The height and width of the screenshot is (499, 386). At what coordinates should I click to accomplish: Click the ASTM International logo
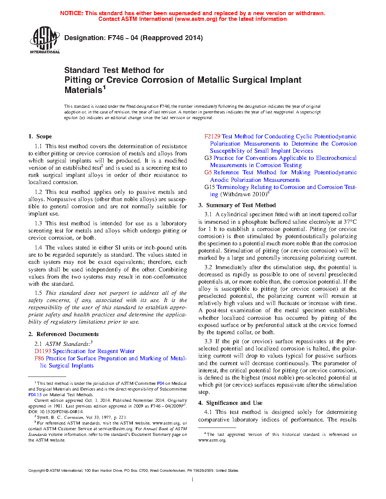[45, 40]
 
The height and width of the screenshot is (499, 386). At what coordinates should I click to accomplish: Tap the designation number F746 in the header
[116, 38]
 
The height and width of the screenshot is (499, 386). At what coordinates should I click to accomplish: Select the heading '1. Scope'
[40, 136]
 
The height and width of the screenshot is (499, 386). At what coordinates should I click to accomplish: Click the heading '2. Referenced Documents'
[63, 334]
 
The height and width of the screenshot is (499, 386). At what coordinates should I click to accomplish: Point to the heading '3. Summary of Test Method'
[237, 205]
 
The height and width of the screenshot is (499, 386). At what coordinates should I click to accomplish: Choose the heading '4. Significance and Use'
[230, 403]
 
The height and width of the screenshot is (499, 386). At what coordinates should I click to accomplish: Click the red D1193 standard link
[42, 351]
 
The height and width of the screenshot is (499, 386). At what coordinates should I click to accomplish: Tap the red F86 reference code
[39, 358]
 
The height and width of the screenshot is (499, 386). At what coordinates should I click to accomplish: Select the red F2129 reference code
[212, 136]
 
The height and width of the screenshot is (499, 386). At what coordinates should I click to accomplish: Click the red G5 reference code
[208, 172]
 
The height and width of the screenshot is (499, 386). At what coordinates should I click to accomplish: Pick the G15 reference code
[210, 187]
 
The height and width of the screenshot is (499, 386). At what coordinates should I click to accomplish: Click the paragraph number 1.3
[38, 223]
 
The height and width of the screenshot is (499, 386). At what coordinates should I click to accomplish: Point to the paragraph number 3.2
[208, 267]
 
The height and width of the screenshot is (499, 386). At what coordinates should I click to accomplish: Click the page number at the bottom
[193, 479]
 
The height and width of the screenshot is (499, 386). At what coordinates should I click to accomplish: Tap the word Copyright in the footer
[36, 471]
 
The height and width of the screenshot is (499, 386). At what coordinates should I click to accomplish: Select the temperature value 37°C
[350, 222]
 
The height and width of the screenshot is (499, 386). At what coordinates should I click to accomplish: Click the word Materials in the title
[83, 90]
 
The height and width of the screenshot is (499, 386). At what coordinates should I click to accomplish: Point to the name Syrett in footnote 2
[43, 417]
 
